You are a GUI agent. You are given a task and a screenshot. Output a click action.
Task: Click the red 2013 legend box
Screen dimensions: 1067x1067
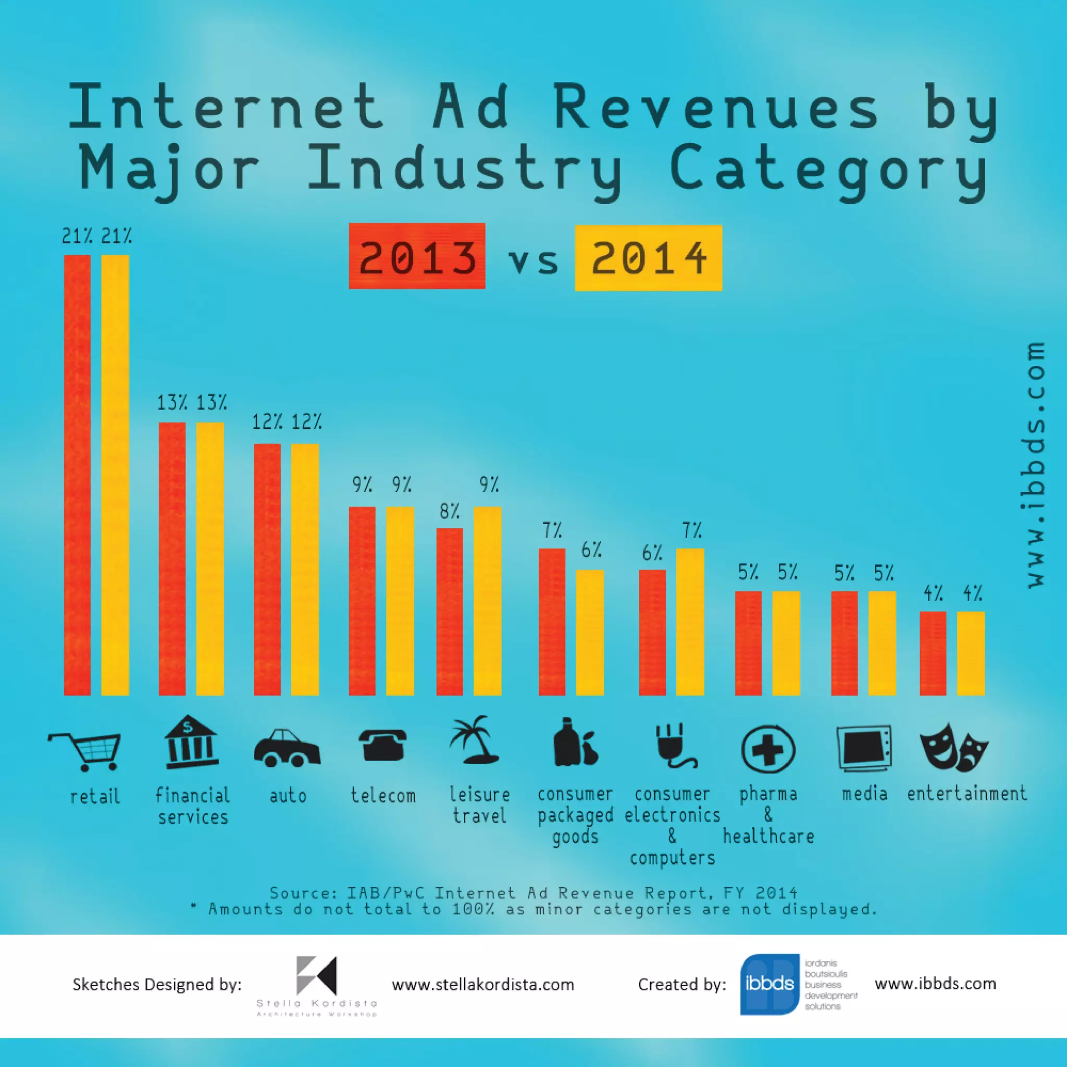coord(417,256)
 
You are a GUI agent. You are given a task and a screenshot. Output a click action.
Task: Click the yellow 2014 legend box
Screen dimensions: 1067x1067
coord(648,257)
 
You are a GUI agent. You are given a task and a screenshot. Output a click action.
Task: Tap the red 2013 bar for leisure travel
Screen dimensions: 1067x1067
coord(450,611)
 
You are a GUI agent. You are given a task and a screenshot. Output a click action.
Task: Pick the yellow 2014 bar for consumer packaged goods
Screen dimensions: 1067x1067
coord(590,632)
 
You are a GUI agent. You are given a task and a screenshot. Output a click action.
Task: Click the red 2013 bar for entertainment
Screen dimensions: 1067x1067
coord(933,653)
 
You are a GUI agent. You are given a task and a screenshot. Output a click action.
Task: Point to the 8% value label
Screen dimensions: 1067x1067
coord(450,512)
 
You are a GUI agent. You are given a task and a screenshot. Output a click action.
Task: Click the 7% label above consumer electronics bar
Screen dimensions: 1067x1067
coord(691,531)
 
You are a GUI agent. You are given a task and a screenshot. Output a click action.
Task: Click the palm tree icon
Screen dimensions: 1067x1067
coord(474,740)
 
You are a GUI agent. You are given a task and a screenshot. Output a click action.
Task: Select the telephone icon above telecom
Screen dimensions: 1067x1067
coord(383,745)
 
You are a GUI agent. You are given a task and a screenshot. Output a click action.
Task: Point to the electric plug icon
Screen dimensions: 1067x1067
coord(674,746)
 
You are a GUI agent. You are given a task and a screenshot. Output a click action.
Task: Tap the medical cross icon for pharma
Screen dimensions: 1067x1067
coord(767,749)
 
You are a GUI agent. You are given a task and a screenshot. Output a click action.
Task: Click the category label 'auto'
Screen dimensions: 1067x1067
coord(288,796)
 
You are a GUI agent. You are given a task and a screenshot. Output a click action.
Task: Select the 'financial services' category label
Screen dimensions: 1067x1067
coord(192,806)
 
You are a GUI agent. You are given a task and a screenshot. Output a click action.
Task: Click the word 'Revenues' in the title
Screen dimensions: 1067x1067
coord(716,108)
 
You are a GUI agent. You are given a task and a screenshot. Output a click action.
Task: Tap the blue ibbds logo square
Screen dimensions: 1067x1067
coord(770,984)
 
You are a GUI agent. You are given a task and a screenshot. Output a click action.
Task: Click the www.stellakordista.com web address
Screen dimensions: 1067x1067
coord(482,984)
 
